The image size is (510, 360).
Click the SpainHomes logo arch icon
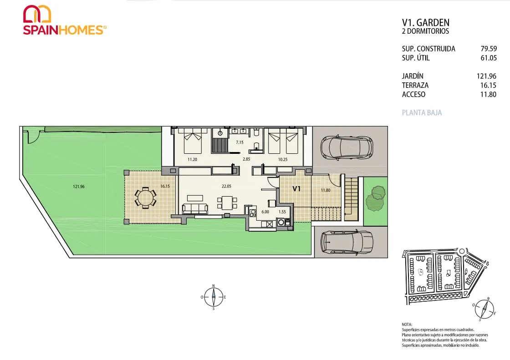point(37,14)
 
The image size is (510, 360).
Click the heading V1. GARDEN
point(426,22)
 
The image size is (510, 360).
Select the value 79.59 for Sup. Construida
point(489,49)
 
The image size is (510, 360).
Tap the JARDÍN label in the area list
point(413,76)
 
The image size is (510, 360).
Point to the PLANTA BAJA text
point(422,113)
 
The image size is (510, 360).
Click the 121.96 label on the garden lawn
point(79,187)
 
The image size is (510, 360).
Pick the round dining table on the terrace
point(145,198)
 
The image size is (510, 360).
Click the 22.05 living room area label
point(226,186)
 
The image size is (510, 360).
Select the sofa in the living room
point(195,208)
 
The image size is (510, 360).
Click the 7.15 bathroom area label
point(240,142)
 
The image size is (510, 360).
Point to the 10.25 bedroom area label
point(283,159)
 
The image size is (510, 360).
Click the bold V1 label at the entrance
point(296,188)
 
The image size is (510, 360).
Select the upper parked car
point(347,147)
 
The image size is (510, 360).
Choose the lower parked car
point(347,242)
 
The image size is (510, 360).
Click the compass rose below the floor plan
point(214,297)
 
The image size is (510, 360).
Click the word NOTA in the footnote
point(407,324)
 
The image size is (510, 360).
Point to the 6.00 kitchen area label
point(265,212)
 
